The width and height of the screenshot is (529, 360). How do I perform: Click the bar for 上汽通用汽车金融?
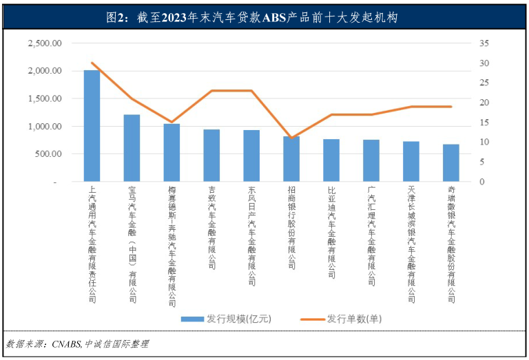pos(92,126)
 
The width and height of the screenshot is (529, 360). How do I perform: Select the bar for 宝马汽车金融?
pos(132,148)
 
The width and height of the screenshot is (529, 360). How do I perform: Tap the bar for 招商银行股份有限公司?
pos(291,159)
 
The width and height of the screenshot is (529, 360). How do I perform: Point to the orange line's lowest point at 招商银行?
pos(291,138)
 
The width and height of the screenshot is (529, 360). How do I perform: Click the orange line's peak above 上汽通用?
pos(92,63)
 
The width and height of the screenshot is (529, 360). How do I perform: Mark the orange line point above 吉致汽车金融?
pos(211,91)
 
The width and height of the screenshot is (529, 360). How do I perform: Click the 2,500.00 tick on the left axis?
pos(45,43)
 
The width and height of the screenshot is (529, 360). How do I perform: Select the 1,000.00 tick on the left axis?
pos(45,127)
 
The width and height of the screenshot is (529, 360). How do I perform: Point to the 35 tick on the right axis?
pos(484,43)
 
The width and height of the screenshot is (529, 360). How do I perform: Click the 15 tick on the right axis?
pos(484,123)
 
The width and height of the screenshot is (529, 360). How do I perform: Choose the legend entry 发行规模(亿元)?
pos(227,319)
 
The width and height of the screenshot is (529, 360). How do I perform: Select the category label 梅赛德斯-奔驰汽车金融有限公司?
pos(172,244)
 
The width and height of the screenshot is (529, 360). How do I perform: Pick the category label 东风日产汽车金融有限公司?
pos(251,235)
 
